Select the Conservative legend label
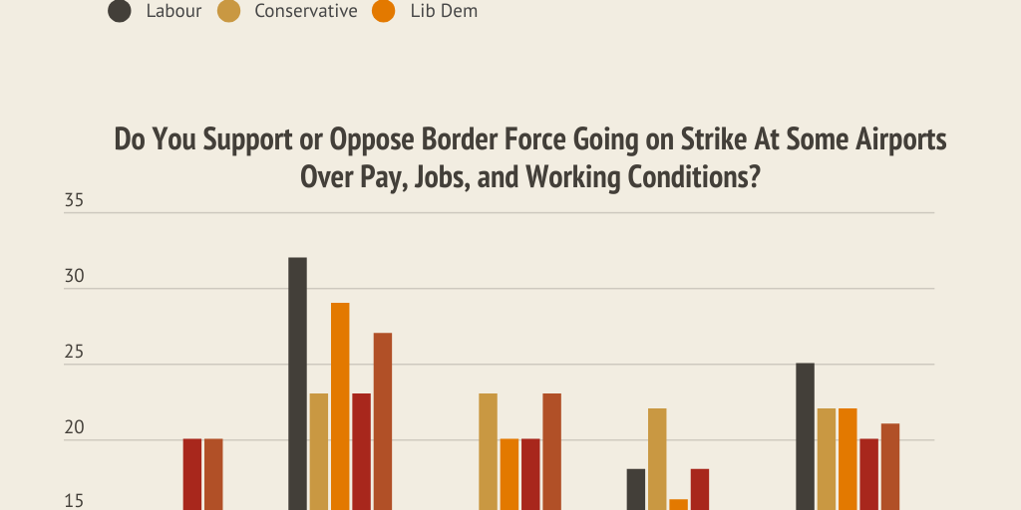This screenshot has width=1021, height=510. point(305,12)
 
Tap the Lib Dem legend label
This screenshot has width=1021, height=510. point(444,12)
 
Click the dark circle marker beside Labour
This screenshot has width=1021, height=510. point(121,12)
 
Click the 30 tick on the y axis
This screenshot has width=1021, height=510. point(75,278)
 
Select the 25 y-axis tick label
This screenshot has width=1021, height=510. point(75,354)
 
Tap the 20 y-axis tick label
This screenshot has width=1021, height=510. point(75,429)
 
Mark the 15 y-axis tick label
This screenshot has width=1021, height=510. point(75,501)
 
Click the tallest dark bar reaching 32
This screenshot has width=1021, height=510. point(298,383)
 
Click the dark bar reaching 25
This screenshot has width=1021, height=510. point(805,436)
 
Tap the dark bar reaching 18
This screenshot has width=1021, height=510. point(636,489)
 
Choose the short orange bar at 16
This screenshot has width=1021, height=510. point(678,504)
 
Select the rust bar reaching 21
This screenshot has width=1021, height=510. point(889,466)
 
